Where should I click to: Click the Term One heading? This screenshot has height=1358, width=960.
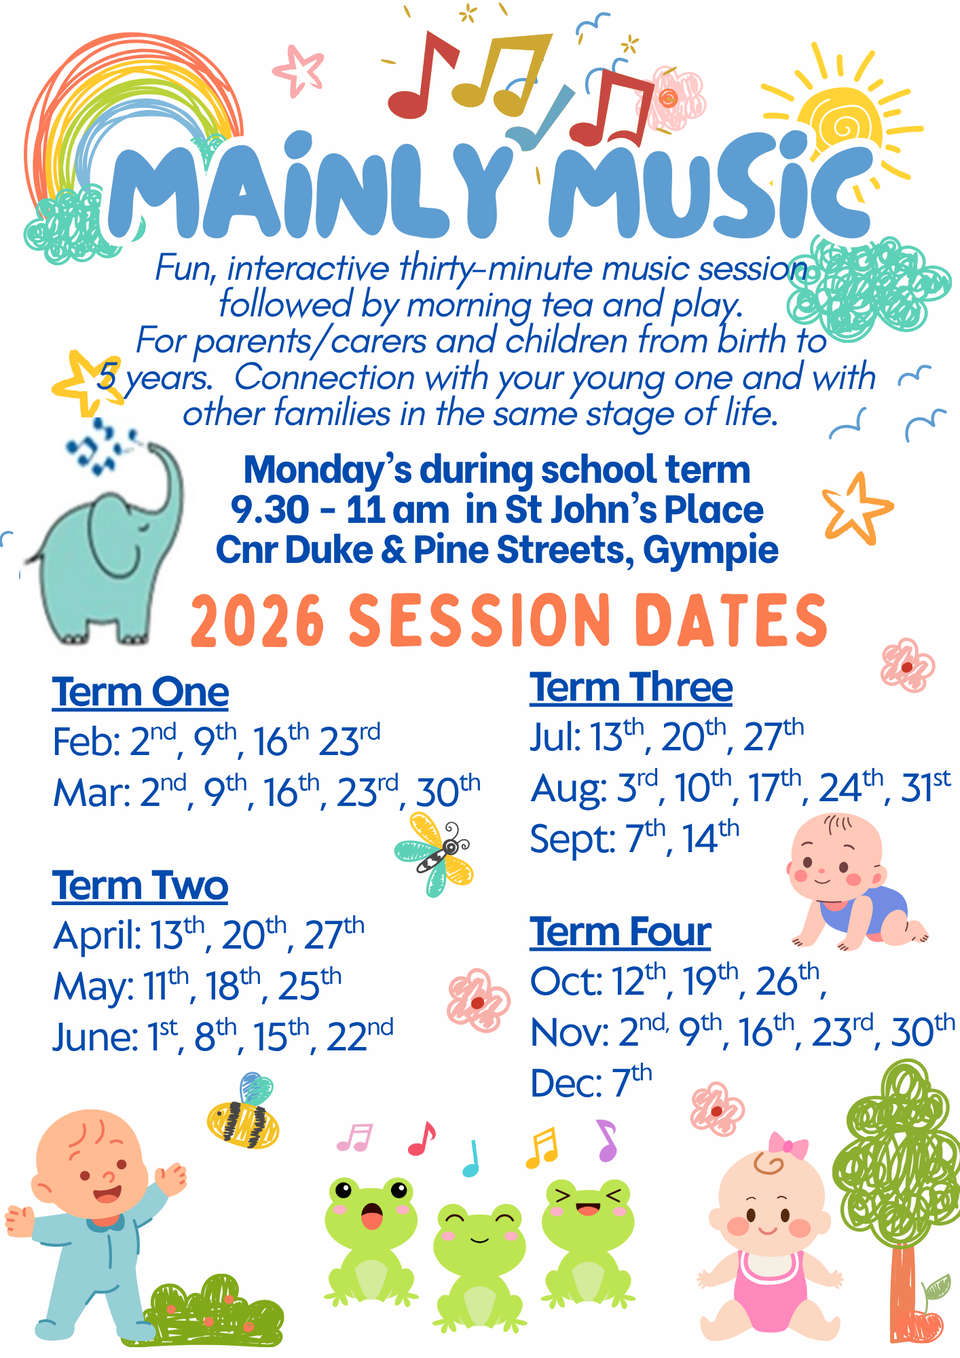pos(141,692)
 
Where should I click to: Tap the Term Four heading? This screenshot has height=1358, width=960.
pos(621,932)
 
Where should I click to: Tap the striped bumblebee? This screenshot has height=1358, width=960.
pos(243,1113)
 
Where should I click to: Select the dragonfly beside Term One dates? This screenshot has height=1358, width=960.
pos(434,854)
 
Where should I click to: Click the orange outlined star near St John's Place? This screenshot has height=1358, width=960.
pos(857,508)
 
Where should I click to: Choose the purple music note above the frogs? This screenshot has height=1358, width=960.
pos(606,1141)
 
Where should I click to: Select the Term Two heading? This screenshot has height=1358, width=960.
pos(140,886)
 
